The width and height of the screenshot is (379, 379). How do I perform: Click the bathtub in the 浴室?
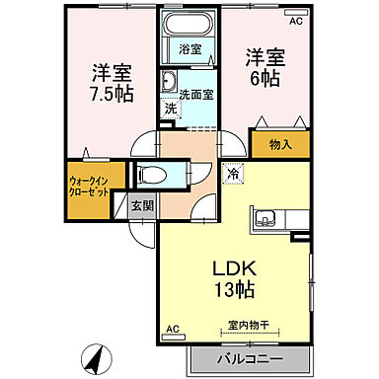pyautogui.click(x=188, y=27)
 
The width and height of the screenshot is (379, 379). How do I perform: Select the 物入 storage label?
pyautogui.click(x=280, y=145)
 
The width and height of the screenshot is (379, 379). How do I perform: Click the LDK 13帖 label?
pyautogui.click(x=234, y=278)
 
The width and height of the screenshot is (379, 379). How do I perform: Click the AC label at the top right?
pyautogui.click(x=295, y=18)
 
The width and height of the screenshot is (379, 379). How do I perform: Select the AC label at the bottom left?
pyautogui.click(x=171, y=328)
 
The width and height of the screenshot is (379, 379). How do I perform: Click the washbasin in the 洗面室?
pyautogui.click(x=169, y=81)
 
